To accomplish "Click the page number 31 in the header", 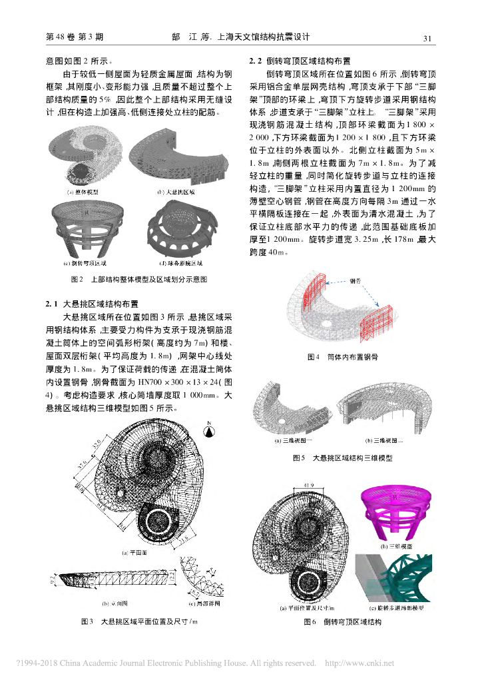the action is [428, 38].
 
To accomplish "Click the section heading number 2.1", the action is [53, 304].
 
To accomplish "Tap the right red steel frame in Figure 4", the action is [369, 323].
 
